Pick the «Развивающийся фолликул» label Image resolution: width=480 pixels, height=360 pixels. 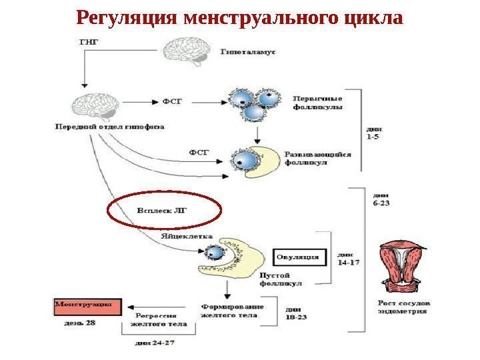[x=318, y=158]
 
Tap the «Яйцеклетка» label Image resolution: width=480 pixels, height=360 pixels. [x=187, y=236]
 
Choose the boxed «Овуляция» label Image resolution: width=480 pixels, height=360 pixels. [x=297, y=257]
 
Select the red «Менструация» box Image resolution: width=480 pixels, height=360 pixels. [x=87, y=307]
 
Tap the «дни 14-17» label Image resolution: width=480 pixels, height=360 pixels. [x=348, y=259]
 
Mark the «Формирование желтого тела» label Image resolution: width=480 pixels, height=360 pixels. [x=233, y=311]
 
